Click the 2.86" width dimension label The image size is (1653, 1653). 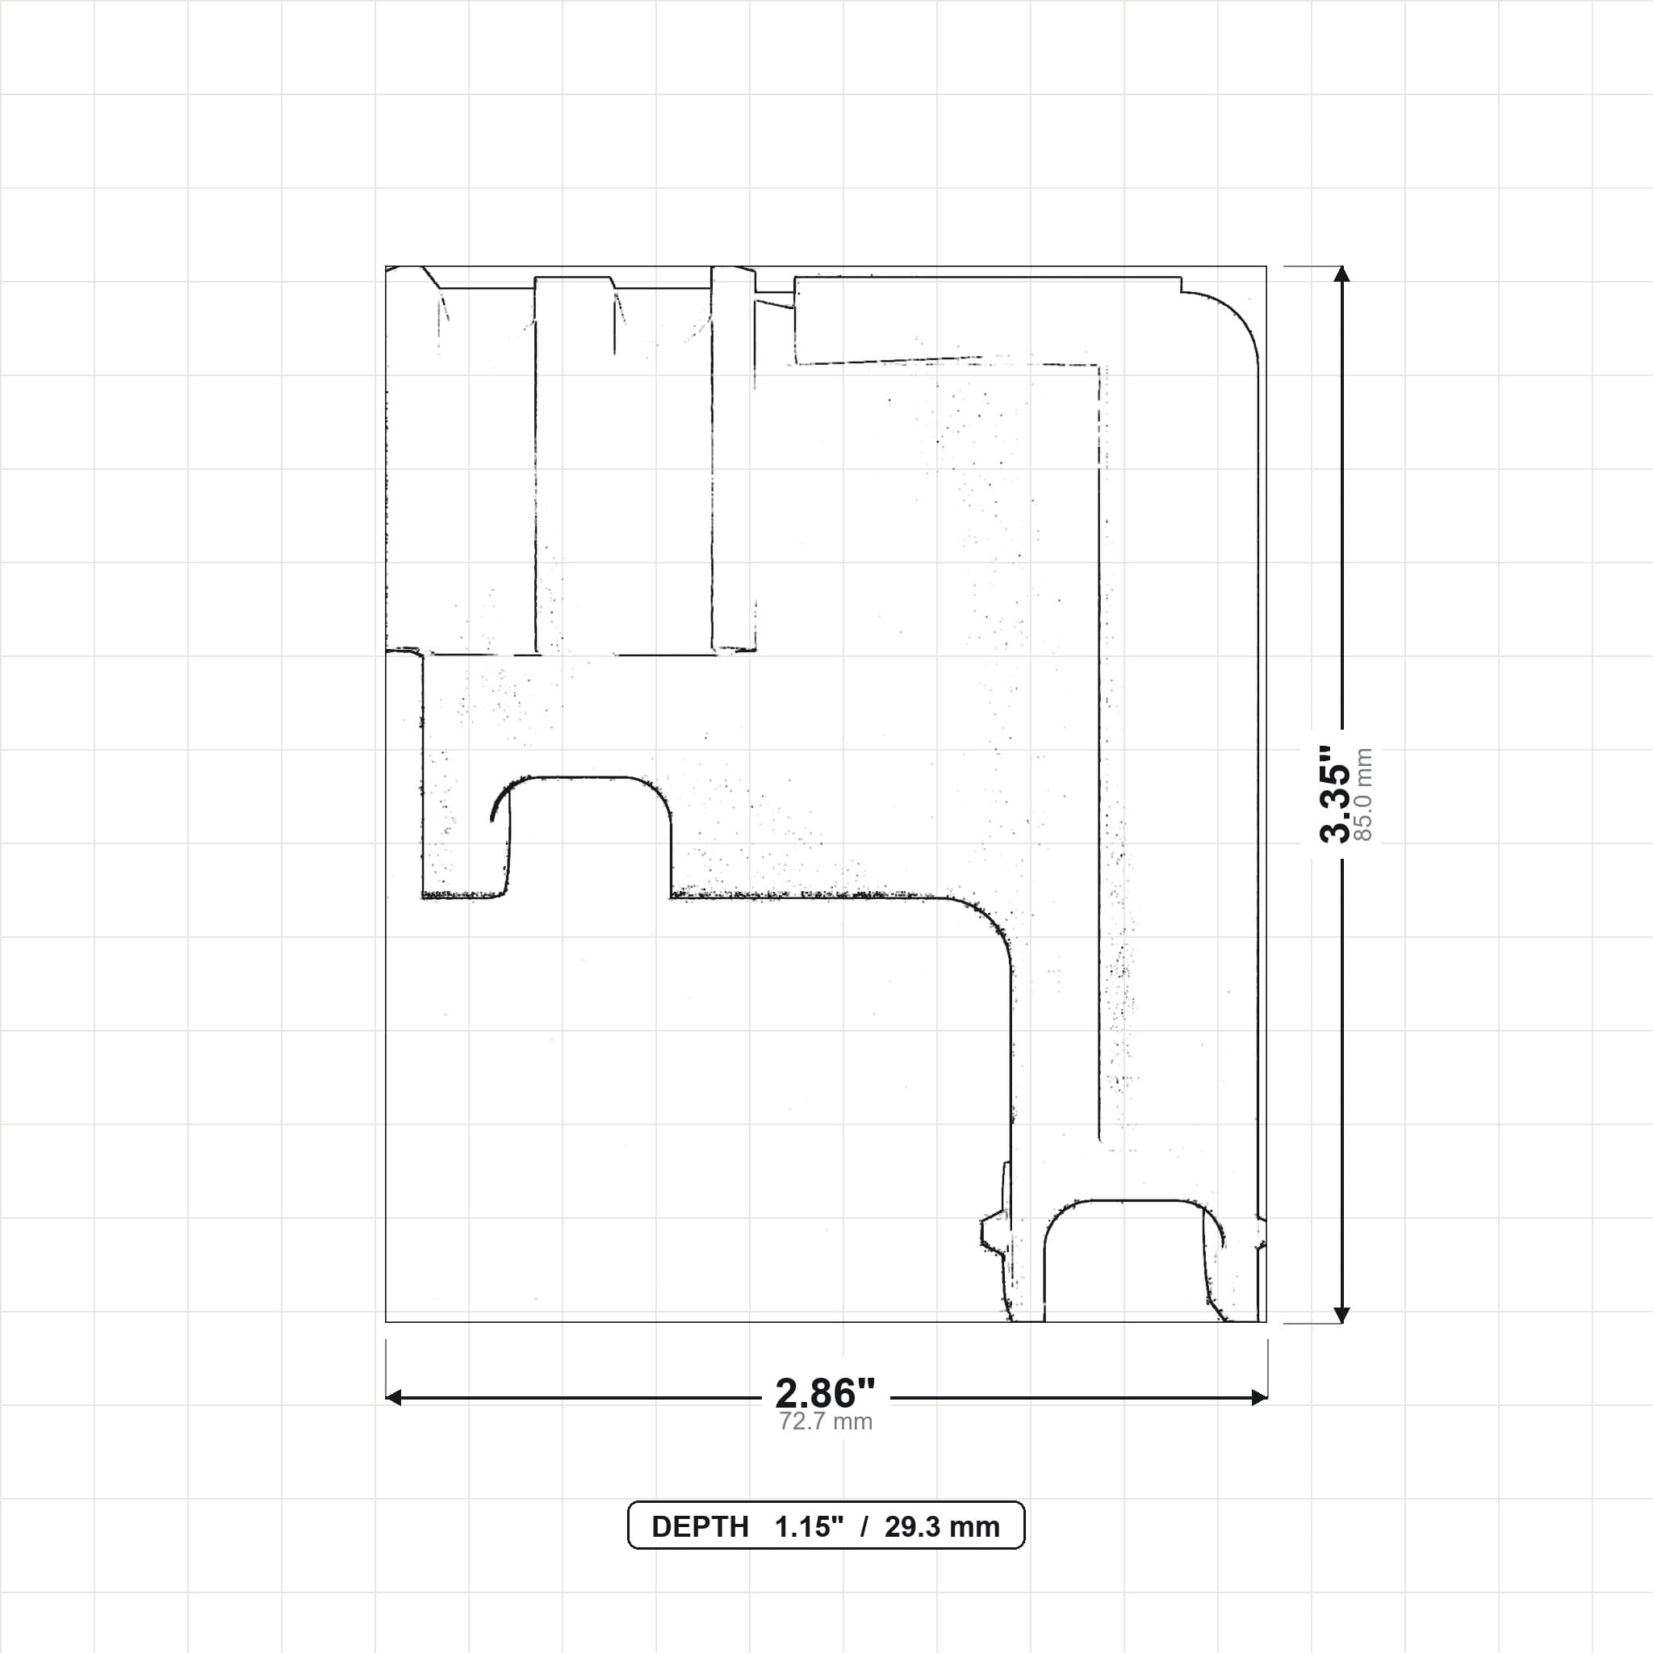click(x=826, y=1394)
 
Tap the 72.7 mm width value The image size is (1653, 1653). click(x=826, y=1422)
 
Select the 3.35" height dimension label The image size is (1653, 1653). click(x=1335, y=795)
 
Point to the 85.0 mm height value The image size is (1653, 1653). click(x=1364, y=795)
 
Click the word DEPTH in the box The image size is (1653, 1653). click(x=700, y=1527)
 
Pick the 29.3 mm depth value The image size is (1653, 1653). click(x=942, y=1527)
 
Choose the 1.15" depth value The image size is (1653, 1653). click(x=810, y=1527)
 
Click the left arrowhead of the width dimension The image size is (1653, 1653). click(x=394, y=1398)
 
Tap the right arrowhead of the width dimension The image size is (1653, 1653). click(x=1258, y=1398)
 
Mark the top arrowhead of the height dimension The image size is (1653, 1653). click(x=1341, y=274)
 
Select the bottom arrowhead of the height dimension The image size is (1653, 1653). click(x=1341, y=1315)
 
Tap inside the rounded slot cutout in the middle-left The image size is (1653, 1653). click(x=588, y=835)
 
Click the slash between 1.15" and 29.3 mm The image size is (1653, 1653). click(x=865, y=1527)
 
